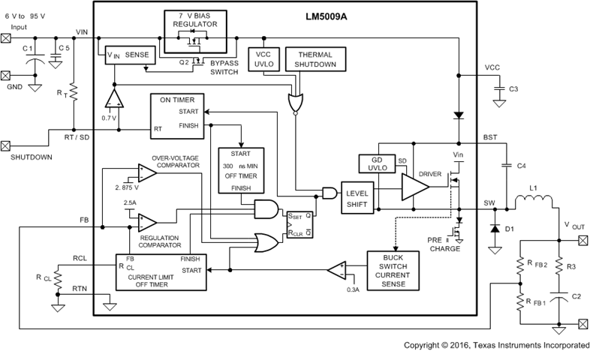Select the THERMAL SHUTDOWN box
pos(315,61)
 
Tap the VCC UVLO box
pos(263,61)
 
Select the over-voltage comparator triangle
pos(147,173)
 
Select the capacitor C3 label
pos(513,89)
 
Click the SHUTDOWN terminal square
pos(7,145)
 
